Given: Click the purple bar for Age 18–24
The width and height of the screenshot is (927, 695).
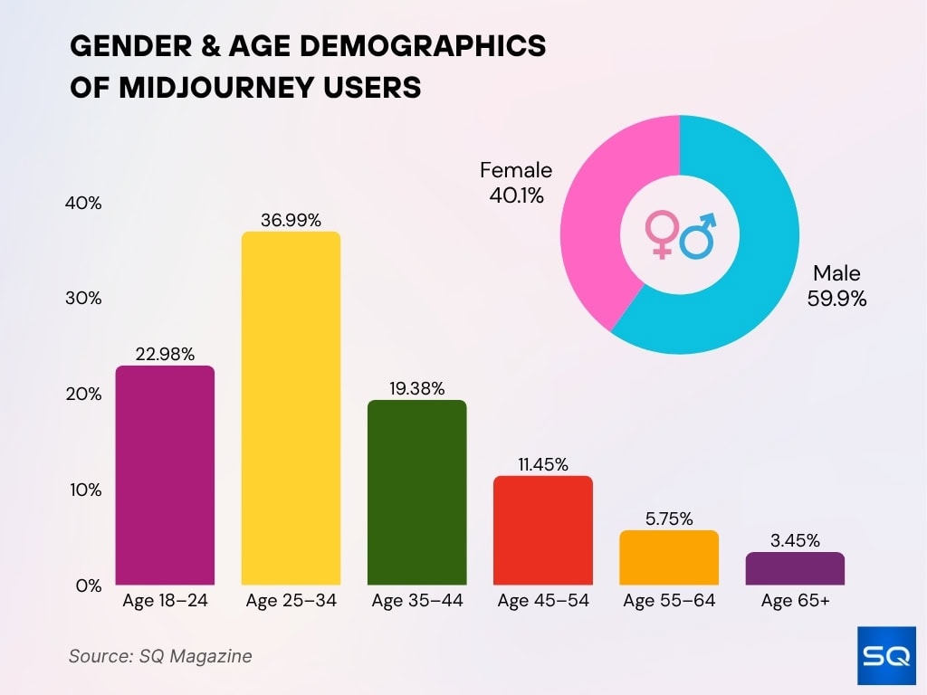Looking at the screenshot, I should [x=165, y=475].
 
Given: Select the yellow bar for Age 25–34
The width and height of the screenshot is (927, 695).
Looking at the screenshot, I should [x=291, y=408].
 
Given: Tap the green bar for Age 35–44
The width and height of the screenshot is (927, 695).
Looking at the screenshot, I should [x=416, y=492].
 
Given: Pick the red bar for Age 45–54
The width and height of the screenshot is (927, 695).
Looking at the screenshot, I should [x=542, y=530].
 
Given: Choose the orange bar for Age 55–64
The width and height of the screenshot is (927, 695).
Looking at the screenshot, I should [x=668, y=557].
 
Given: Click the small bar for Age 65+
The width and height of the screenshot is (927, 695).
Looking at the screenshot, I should [x=795, y=568].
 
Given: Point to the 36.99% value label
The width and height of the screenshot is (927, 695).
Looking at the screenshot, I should [x=291, y=220].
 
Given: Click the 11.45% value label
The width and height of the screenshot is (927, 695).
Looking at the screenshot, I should [x=542, y=464].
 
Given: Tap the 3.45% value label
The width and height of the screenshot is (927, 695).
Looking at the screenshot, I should [x=795, y=541].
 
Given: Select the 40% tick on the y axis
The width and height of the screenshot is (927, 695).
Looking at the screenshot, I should [x=83, y=204].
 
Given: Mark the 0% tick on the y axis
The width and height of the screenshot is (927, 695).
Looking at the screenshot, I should [x=88, y=586].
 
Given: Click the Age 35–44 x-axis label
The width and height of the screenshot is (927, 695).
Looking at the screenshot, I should [x=416, y=601].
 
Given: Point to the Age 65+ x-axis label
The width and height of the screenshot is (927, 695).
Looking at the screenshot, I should [x=795, y=601].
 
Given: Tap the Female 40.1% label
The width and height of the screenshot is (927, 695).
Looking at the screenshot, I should [x=515, y=182].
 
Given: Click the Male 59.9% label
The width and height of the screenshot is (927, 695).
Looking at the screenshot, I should [x=836, y=285].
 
